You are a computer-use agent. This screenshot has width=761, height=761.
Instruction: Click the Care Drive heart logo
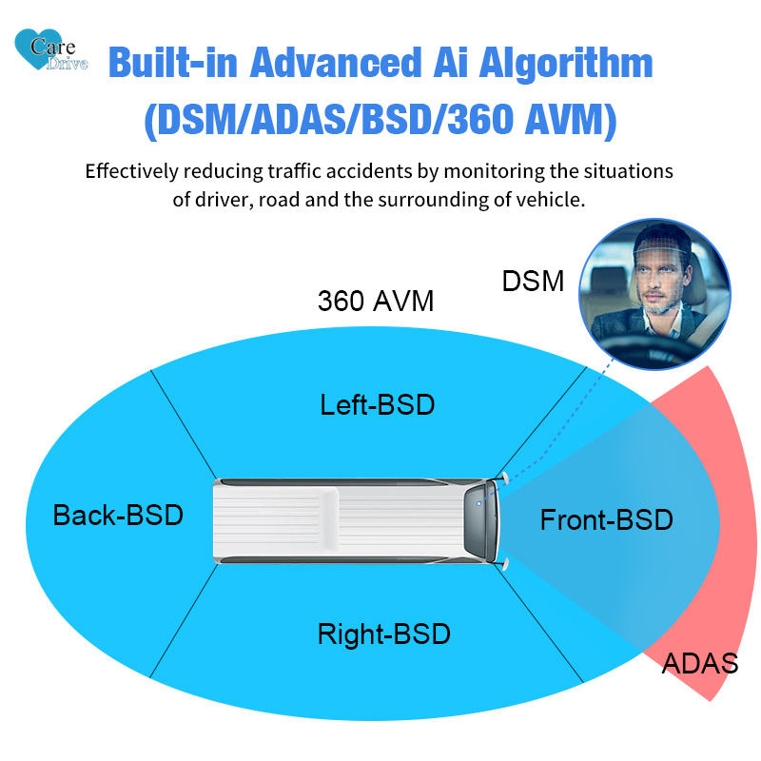(x=51, y=49)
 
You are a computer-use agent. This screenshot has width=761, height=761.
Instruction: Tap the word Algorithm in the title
(x=566, y=63)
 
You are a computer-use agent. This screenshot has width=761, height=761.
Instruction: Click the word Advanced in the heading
(x=336, y=62)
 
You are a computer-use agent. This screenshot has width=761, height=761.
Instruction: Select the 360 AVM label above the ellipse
(x=376, y=301)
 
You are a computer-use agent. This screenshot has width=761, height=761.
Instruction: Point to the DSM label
(x=533, y=281)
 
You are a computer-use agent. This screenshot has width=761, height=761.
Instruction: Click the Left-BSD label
(x=377, y=405)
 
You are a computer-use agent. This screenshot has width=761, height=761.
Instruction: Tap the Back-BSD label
(x=118, y=515)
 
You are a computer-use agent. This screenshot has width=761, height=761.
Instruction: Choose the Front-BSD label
(x=606, y=519)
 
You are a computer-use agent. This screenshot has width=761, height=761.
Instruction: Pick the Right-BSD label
(x=384, y=634)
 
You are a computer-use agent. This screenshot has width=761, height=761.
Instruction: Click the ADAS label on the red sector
(x=700, y=663)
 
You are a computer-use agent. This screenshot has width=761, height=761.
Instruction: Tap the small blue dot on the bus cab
(x=479, y=504)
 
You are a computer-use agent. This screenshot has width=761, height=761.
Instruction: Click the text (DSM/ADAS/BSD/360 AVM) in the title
(x=380, y=120)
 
